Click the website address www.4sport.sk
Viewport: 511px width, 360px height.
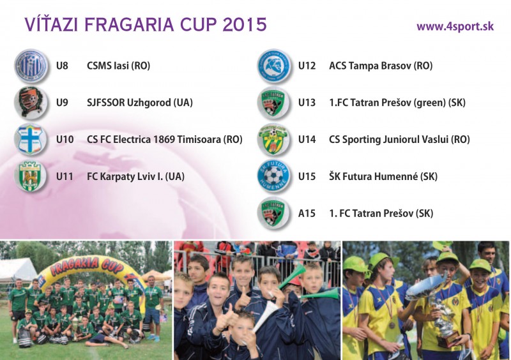point(455,26)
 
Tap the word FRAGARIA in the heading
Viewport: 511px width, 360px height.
point(129,24)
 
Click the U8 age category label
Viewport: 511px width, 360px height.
point(62,66)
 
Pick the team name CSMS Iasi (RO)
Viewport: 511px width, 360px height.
point(118,66)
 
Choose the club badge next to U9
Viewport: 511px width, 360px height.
point(30,102)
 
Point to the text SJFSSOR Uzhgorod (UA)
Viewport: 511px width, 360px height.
point(139,103)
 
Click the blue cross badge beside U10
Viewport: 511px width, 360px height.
point(30,139)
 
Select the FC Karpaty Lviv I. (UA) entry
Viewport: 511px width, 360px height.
point(135,177)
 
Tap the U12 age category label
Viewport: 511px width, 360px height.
point(307,66)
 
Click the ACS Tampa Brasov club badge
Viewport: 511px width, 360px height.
point(273,65)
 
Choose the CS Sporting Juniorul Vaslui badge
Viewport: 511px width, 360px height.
point(273,139)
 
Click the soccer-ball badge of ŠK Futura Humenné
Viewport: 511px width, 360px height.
point(273,176)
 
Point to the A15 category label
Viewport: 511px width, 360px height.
point(307,213)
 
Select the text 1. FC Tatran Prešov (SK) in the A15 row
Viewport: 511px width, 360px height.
point(381,213)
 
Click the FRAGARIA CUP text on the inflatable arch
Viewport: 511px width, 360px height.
point(87,264)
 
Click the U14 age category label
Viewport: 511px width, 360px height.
point(307,139)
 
